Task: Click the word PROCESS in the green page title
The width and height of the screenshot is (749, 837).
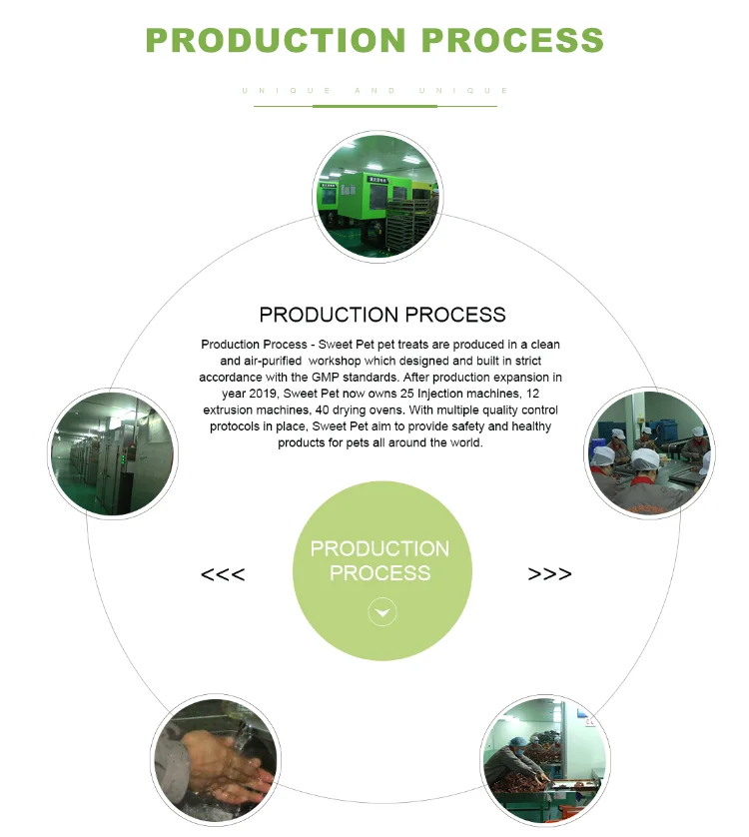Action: tap(512, 40)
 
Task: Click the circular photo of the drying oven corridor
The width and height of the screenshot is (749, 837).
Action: tap(114, 452)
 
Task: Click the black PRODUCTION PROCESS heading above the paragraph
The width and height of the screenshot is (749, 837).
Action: tap(382, 315)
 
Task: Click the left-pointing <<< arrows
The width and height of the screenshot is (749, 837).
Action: tap(223, 574)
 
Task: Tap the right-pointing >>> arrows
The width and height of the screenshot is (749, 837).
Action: tap(550, 574)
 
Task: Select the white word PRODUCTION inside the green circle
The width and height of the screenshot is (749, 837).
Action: tap(379, 548)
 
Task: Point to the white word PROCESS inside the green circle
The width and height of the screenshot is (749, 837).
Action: tap(379, 573)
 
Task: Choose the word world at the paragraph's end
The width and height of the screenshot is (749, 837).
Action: tap(459, 442)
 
